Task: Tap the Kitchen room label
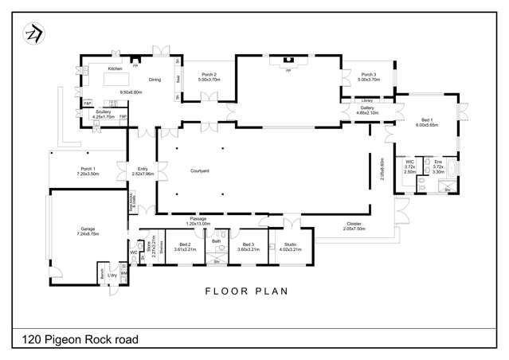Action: pyautogui.click(x=115, y=68)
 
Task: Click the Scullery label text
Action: pyautogui.click(x=103, y=113)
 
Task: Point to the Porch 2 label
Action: pyautogui.click(x=209, y=76)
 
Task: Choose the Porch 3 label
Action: pyautogui.click(x=367, y=76)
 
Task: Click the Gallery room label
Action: pyautogui.click(x=366, y=108)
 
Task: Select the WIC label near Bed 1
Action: pyautogui.click(x=410, y=162)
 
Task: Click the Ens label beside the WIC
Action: pyautogui.click(x=438, y=162)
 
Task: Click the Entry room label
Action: pyautogui.click(x=143, y=168)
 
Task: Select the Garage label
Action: pyautogui.click(x=88, y=228)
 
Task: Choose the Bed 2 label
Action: pyautogui.click(x=184, y=244)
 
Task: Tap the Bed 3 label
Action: pyautogui.click(x=249, y=244)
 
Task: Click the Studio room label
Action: pyautogui.click(x=290, y=244)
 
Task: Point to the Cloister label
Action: pyautogui.click(x=354, y=224)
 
